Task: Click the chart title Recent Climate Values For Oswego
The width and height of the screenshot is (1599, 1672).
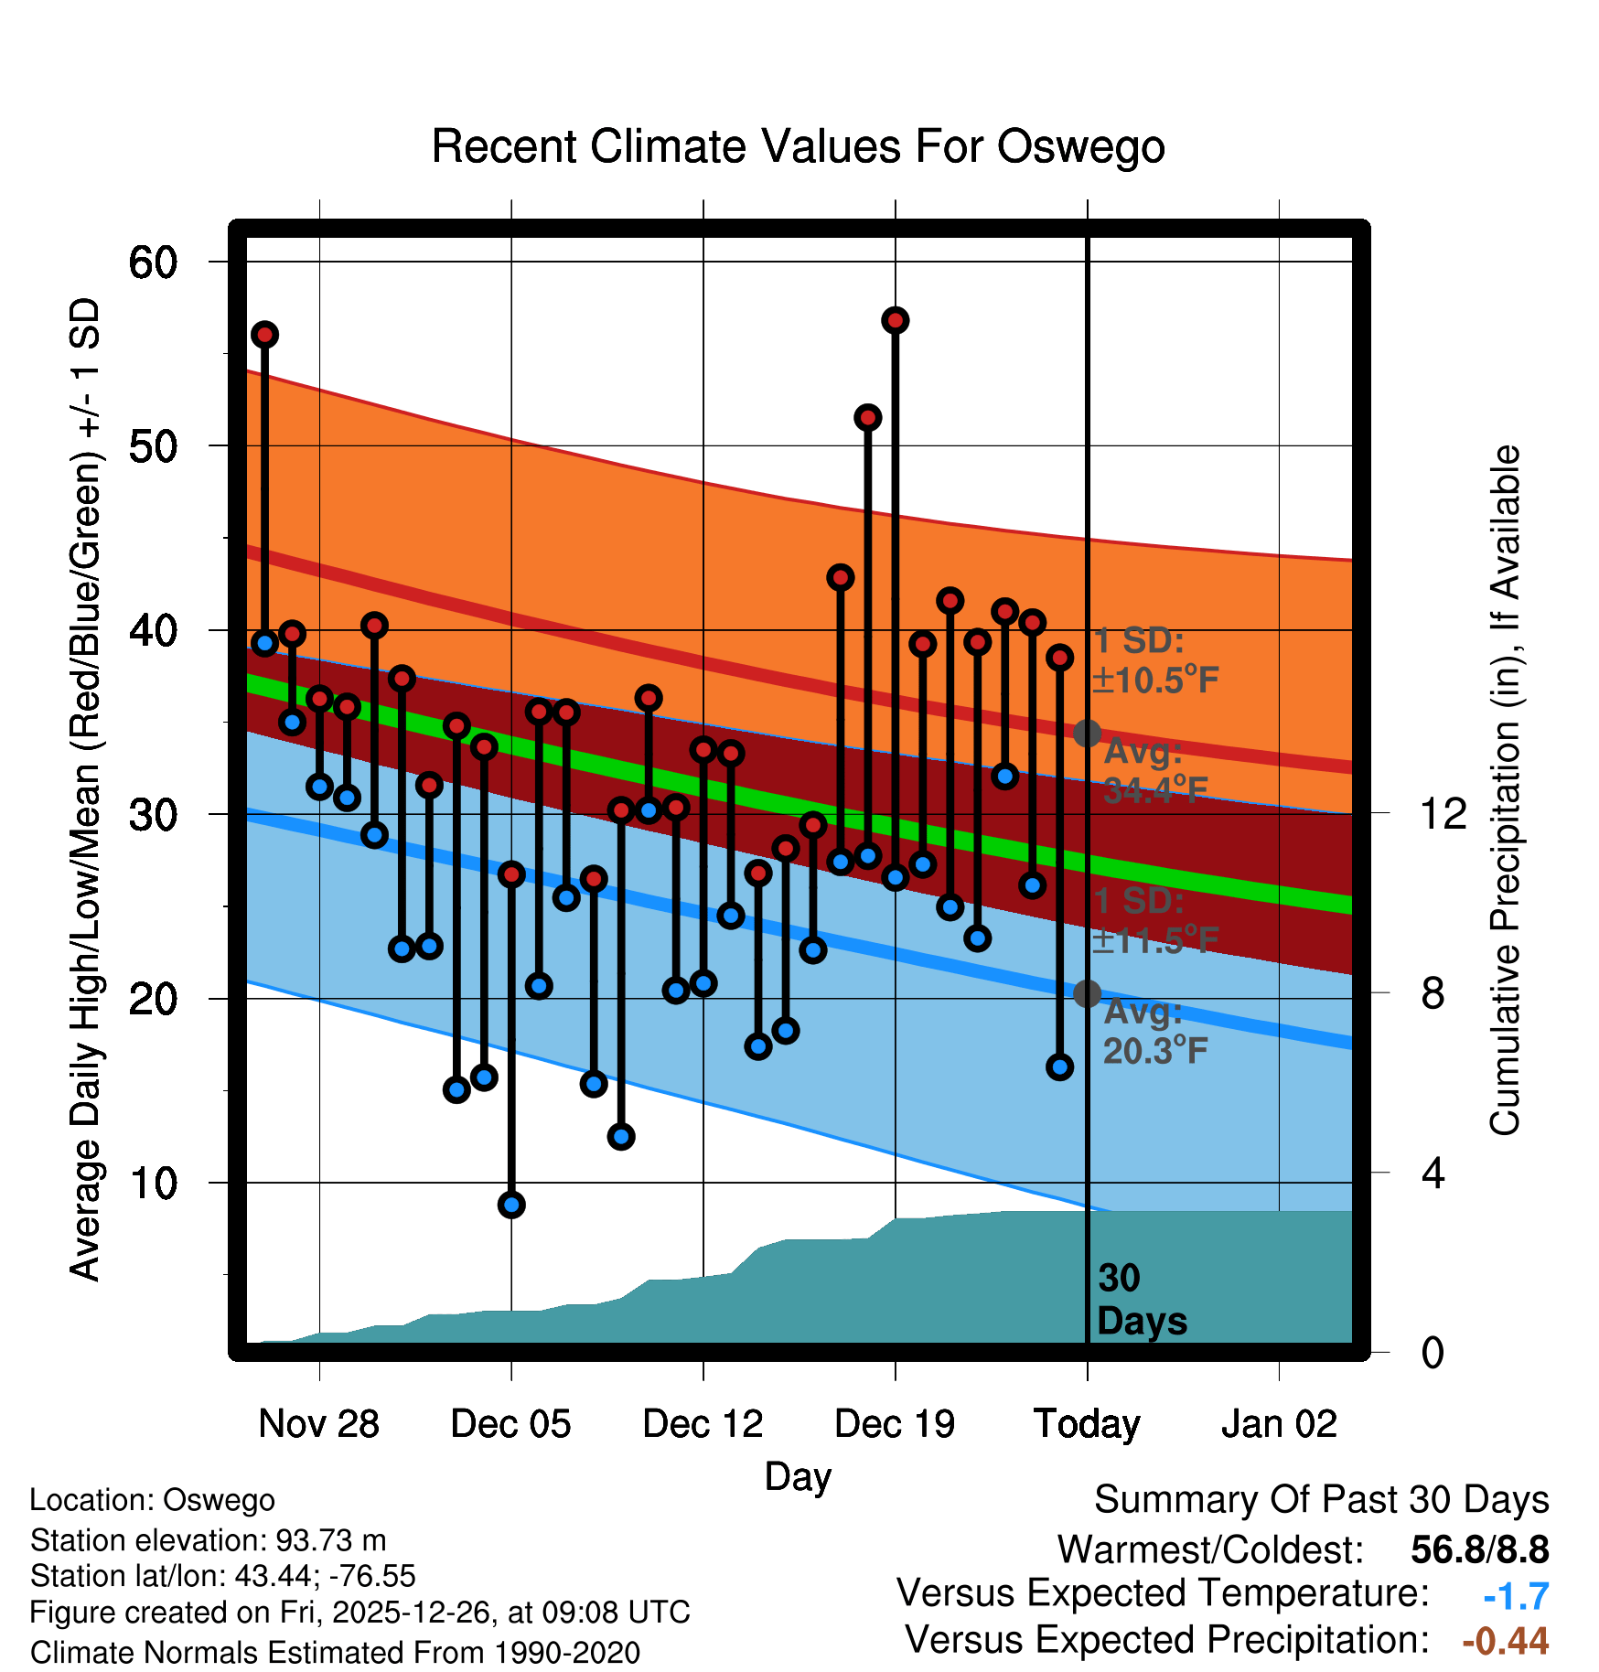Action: click(798, 146)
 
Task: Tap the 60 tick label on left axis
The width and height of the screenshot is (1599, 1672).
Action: click(153, 263)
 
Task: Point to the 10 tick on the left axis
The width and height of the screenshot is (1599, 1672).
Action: click(153, 1184)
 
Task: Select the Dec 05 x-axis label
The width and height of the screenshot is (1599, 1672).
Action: click(510, 1424)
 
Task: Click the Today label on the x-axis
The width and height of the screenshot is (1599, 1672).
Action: click(1087, 1424)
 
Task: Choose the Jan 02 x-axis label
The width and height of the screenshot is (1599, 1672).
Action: click(1279, 1424)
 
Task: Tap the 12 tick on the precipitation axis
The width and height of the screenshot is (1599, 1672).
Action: click(1443, 813)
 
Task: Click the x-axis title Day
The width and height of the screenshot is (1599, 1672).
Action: click(798, 1477)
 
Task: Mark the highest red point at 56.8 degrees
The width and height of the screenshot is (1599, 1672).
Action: click(895, 320)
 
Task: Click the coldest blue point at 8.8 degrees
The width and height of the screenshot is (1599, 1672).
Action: click(511, 1205)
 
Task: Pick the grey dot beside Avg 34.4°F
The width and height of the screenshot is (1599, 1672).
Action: click(1087, 733)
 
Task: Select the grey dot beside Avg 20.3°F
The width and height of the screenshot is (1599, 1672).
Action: click(1087, 993)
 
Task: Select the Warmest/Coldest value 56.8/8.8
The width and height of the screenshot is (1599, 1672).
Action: click(1479, 1550)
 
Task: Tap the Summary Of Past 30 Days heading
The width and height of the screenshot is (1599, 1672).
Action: click(1321, 1500)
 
